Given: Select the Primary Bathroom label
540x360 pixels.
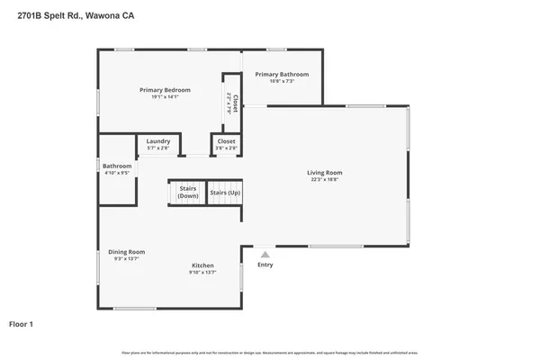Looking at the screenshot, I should (x=282, y=74).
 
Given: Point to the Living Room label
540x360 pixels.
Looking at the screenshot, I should (x=325, y=172).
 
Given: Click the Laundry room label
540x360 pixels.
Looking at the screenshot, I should (x=158, y=140).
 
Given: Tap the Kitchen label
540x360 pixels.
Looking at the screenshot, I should (x=202, y=265).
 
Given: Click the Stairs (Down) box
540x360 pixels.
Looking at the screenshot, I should (x=188, y=193).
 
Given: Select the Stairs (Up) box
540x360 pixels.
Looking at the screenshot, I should (x=225, y=193).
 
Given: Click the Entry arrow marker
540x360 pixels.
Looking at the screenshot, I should (x=265, y=255).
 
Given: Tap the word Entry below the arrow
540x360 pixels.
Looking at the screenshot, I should (x=265, y=265).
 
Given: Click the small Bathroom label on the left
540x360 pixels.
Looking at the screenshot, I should (x=117, y=166).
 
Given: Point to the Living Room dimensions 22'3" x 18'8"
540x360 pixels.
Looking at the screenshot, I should (x=325, y=179).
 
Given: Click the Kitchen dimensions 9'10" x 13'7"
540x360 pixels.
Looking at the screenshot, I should (x=202, y=273).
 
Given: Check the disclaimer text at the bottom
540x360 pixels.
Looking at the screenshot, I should (x=270, y=351).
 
